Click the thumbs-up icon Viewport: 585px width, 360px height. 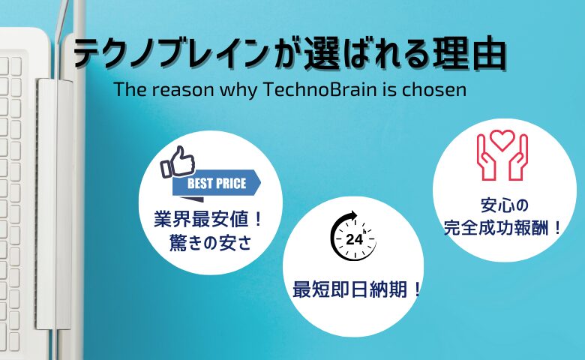178,161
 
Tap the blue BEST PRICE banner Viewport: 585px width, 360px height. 217,183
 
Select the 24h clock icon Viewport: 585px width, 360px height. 353,235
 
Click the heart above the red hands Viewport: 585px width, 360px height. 502,139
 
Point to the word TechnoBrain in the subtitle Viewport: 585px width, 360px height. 319,89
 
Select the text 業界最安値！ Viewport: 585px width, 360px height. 208,219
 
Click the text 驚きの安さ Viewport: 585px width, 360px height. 211,242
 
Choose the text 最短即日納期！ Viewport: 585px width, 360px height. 357,289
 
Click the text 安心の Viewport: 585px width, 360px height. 505,205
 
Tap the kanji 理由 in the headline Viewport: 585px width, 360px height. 469,53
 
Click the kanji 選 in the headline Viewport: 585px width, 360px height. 322,53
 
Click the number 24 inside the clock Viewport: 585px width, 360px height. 355,238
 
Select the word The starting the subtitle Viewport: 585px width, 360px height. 127,89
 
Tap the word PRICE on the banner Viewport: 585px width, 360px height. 231,183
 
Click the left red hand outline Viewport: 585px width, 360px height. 487,157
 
